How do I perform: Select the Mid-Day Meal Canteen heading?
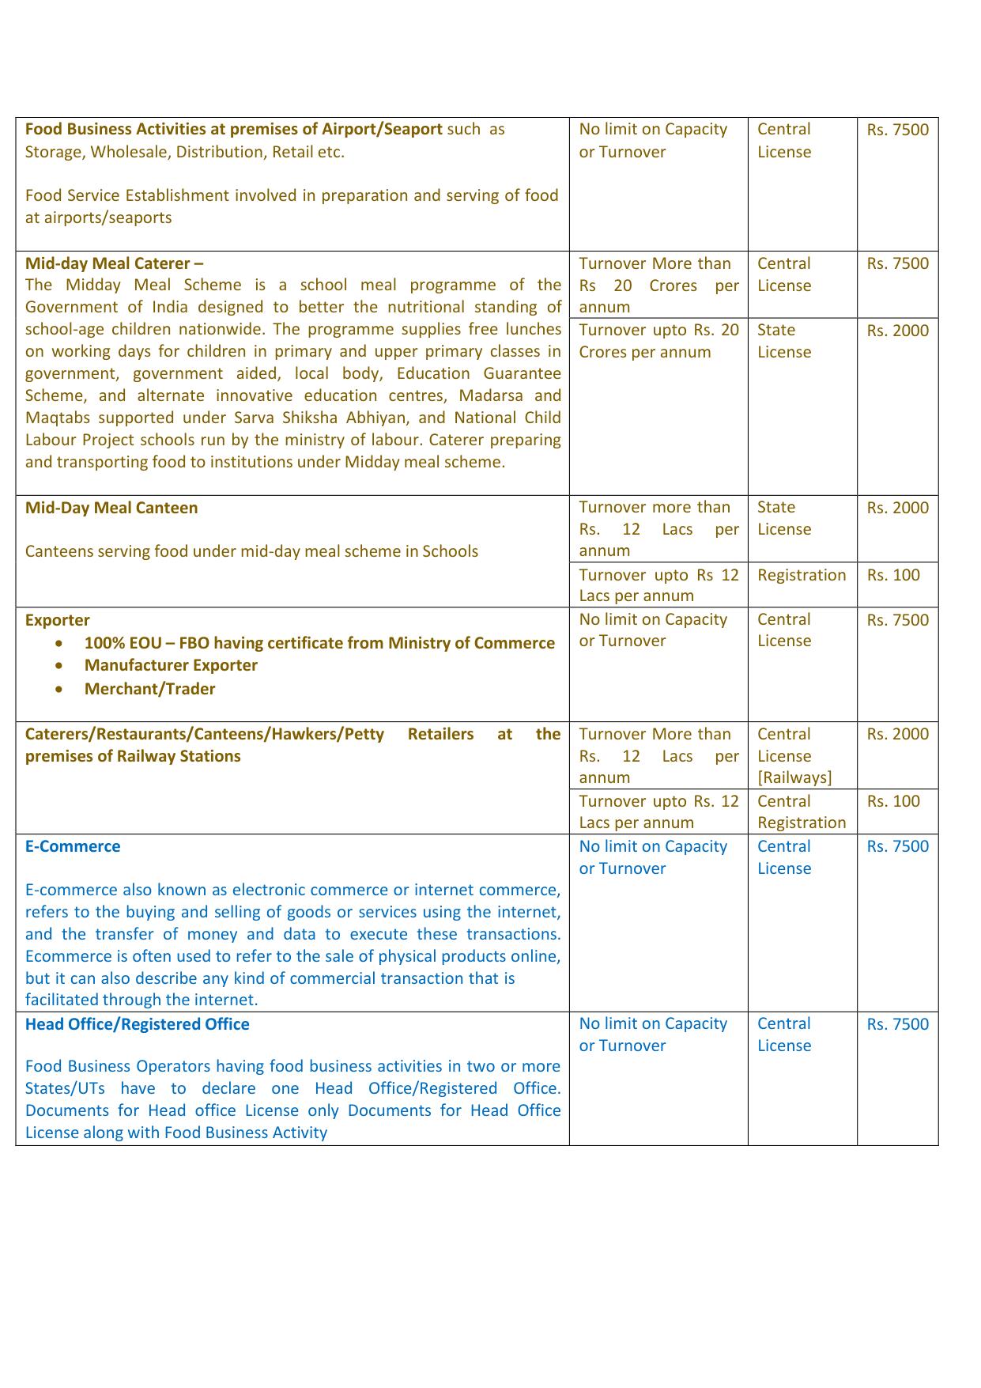111,508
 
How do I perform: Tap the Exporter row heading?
57,620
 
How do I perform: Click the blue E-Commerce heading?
73,846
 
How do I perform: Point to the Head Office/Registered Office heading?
137,1024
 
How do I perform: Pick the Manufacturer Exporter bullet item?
171,665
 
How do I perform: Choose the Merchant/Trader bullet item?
149,689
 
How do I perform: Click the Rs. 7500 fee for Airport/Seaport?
897,130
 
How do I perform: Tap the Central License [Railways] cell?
794,756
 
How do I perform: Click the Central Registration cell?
801,812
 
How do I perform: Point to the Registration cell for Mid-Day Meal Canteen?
801,575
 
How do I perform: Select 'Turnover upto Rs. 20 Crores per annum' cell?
658,341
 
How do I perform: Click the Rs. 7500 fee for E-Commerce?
897,846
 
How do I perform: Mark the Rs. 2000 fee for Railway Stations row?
897,734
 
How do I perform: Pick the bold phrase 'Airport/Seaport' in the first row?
382,129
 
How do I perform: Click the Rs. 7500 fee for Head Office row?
897,1024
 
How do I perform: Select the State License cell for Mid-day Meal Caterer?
783,341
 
